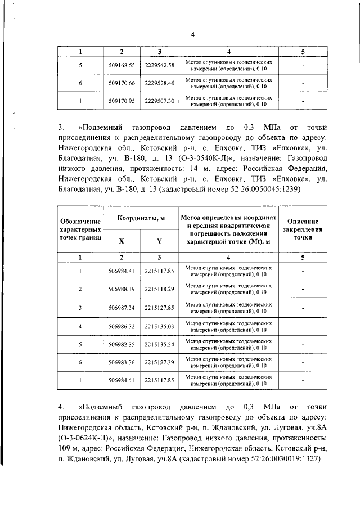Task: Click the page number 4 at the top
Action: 192,34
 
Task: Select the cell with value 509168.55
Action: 121,65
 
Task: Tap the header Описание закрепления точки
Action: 303,229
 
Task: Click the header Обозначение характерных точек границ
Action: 80,229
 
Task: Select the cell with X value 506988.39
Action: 121,289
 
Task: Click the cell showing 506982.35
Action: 121,344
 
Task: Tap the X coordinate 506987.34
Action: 121,308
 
